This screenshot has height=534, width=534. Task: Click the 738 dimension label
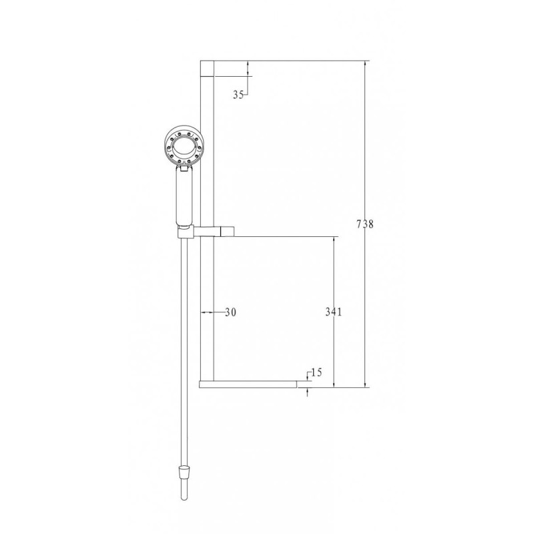tap(364, 224)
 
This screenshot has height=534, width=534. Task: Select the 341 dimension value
tap(333, 312)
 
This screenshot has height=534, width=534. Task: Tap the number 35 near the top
tap(238, 95)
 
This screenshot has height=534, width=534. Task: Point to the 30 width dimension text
tap(230, 312)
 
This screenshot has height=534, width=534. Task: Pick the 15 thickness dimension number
tap(316, 372)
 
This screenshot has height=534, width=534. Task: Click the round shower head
tap(182, 145)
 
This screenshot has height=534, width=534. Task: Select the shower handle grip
tap(184, 198)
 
